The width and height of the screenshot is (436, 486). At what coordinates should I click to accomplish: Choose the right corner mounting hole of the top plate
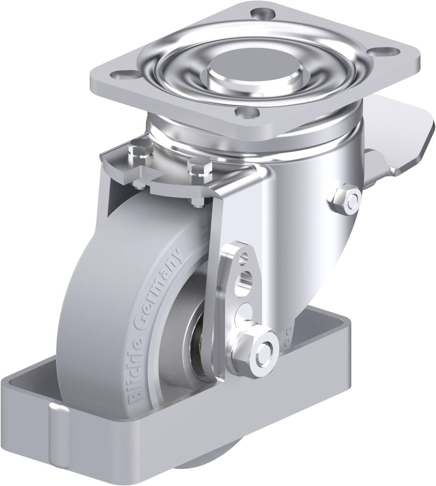[386, 52]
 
